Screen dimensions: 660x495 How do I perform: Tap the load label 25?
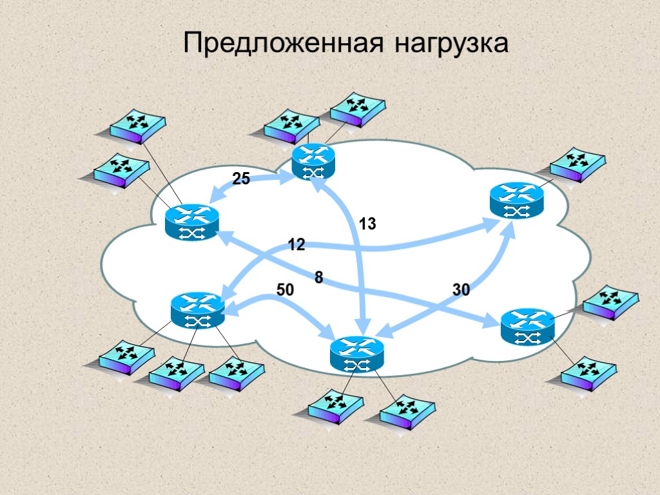click(x=241, y=179)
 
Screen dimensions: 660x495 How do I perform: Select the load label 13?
click(x=367, y=224)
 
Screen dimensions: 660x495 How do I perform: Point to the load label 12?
click(x=296, y=245)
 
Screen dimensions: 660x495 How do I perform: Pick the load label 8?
click(x=318, y=278)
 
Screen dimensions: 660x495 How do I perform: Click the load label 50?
click(x=285, y=291)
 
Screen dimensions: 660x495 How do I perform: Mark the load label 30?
click(x=461, y=291)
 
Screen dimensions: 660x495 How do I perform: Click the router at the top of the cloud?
click(x=314, y=160)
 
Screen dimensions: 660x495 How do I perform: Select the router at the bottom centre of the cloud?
click(x=356, y=354)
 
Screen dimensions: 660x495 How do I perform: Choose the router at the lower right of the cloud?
click(x=527, y=325)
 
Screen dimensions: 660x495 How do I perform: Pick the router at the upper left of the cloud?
click(x=191, y=222)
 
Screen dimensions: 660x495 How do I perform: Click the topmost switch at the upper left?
click(x=137, y=126)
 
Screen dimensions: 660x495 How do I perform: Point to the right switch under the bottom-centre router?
click(x=407, y=412)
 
